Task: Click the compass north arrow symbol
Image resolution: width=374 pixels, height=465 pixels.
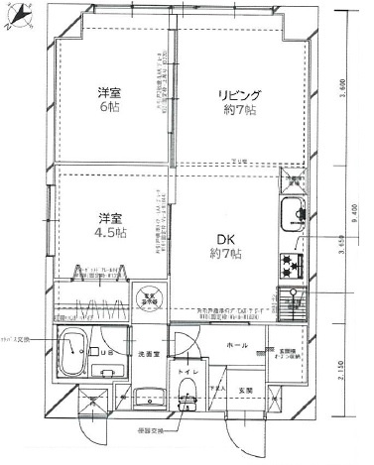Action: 16,19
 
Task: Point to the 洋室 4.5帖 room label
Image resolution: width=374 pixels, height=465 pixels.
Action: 109,225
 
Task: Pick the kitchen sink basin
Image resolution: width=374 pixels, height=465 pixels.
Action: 292,212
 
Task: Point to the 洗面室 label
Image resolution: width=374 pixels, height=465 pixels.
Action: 149,353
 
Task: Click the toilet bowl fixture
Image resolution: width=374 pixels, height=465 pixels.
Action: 187,398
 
